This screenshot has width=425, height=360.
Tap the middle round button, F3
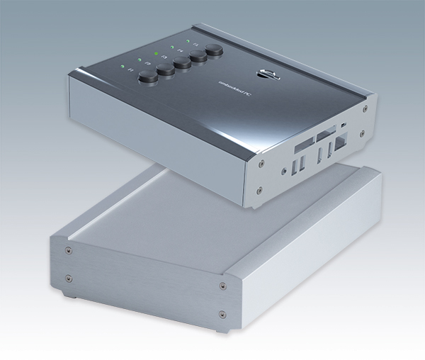click(x=182, y=64)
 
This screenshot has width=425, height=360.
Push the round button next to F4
click(x=198, y=57)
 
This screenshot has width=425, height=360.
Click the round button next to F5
click(x=214, y=51)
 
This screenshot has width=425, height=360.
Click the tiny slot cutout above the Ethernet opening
click(x=344, y=125)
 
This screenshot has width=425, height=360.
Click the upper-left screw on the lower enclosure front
click(x=66, y=251)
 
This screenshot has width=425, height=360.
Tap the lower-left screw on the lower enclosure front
click(x=69, y=278)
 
